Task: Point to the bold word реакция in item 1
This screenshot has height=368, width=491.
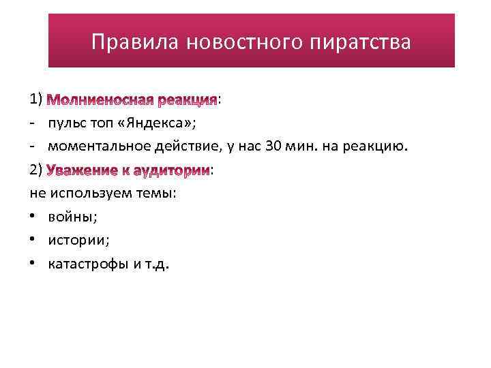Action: pos(187,100)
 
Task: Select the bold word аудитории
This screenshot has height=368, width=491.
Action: pos(175,170)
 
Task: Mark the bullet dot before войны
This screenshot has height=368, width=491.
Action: pos(33,217)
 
